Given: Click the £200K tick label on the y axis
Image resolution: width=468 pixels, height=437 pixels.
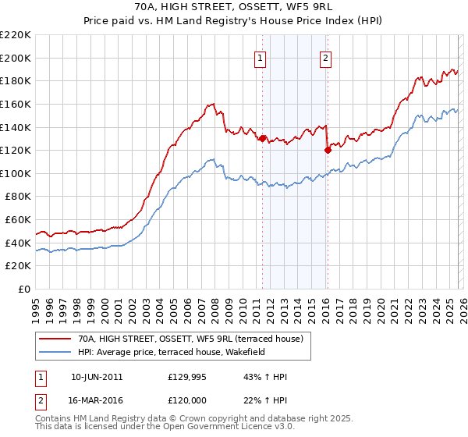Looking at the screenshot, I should pyautogui.click(x=16, y=58).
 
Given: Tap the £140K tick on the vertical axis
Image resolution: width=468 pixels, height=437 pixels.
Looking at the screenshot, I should pyautogui.click(x=16, y=127).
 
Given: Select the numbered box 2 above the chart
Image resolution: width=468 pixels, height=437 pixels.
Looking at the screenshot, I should pyautogui.click(x=325, y=56).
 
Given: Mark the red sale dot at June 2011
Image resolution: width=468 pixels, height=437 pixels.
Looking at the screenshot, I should pyautogui.click(x=263, y=139).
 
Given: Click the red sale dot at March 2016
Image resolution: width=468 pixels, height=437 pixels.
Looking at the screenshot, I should pyautogui.click(x=328, y=151).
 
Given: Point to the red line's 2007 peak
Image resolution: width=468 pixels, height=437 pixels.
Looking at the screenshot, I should pyautogui.click(x=211, y=103).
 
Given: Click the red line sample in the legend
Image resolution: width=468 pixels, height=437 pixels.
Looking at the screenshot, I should pyautogui.click(x=55, y=338).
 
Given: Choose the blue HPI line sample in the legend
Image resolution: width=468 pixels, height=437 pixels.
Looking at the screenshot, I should pyautogui.click(x=55, y=351).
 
